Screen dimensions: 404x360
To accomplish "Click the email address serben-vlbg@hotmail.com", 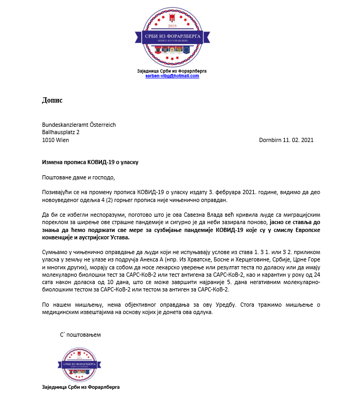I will point(172,76).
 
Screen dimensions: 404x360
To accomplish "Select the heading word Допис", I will point(52,99).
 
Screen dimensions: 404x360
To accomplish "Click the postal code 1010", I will point(48,140).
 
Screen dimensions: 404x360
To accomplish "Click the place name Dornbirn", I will point(271,140).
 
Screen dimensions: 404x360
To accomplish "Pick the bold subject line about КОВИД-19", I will point(90,163).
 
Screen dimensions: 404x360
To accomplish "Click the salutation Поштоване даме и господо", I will point(78,177).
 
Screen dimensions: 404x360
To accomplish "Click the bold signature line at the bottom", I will point(81,388).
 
